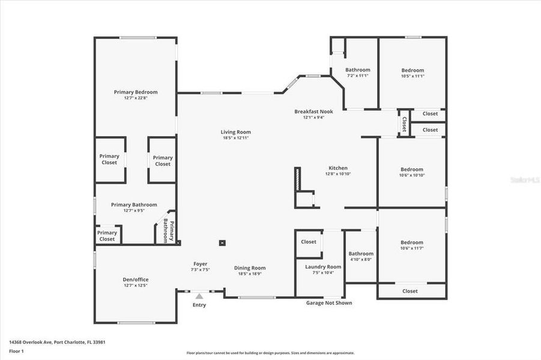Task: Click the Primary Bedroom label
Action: [x=136, y=92]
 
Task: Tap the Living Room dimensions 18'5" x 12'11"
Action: [x=235, y=138]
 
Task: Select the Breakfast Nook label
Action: [x=313, y=112]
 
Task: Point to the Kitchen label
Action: [x=337, y=168]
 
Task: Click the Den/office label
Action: [x=135, y=280]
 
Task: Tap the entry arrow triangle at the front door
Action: [x=199, y=295]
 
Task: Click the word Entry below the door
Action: [x=199, y=305]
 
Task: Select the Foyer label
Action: [x=200, y=264]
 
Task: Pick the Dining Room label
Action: [x=250, y=268]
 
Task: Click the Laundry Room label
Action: [x=323, y=266]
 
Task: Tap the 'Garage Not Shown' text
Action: [x=329, y=303]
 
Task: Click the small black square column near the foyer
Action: [x=222, y=243]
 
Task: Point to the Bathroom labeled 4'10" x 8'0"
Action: [x=361, y=254]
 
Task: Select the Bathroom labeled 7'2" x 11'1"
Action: [x=357, y=70]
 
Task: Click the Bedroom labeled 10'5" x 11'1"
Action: [x=412, y=70]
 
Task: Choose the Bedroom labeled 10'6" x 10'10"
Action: [x=411, y=169]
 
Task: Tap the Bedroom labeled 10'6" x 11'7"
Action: [x=411, y=242]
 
